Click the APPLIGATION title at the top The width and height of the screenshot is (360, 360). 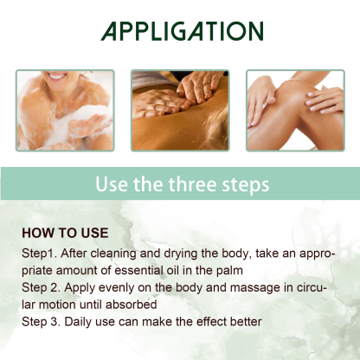180,32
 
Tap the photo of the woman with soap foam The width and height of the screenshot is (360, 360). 65,110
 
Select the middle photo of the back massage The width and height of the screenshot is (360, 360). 180,110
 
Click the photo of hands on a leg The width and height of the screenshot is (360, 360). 294,110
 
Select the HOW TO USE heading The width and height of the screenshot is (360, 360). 65,233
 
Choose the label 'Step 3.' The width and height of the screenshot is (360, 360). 42,323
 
